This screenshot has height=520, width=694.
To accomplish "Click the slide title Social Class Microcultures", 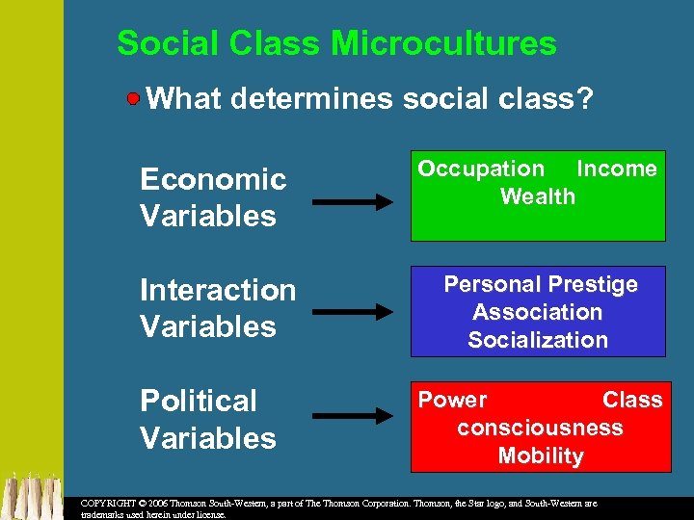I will click(x=336, y=43).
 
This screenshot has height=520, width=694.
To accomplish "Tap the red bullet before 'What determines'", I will click(x=135, y=97).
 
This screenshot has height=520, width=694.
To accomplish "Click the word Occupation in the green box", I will click(x=481, y=169).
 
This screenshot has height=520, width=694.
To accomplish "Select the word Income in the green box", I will click(x=616, y=169).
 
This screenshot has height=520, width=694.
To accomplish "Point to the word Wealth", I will click(x=538, y=197).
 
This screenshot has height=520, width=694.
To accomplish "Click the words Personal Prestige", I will click(x=540, y=284).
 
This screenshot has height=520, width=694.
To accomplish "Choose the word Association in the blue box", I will click(x=537, y=312).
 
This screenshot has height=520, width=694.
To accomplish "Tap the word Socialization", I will click(x=538, y=340).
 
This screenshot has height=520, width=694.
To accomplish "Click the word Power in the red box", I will click(x=452, y=400).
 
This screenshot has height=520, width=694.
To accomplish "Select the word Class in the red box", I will click(x=632, y=400).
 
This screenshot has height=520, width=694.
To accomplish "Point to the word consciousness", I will click(x=540, y=428).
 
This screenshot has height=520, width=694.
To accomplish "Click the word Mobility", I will click(x=540, y=455).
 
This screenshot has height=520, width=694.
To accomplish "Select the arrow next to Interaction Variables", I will click(x=353, y=311).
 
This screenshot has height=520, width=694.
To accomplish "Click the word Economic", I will click(x=213, y=180).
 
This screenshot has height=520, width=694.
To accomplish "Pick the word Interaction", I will click(x=218, y=290).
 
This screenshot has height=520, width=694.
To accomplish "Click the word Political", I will click(x=199, y=401).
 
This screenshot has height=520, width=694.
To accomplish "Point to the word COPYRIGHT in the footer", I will click(x=107, y=504).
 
